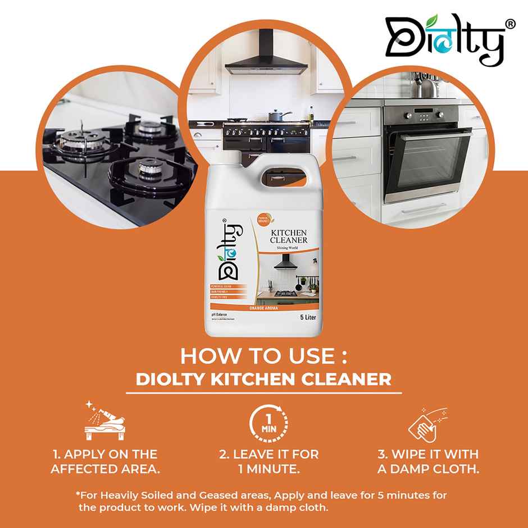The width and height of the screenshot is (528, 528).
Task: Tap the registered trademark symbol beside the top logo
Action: point(510,24)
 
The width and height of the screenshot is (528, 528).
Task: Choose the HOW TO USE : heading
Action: point(263,358)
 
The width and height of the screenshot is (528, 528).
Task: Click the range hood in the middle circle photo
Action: point(264,62)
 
